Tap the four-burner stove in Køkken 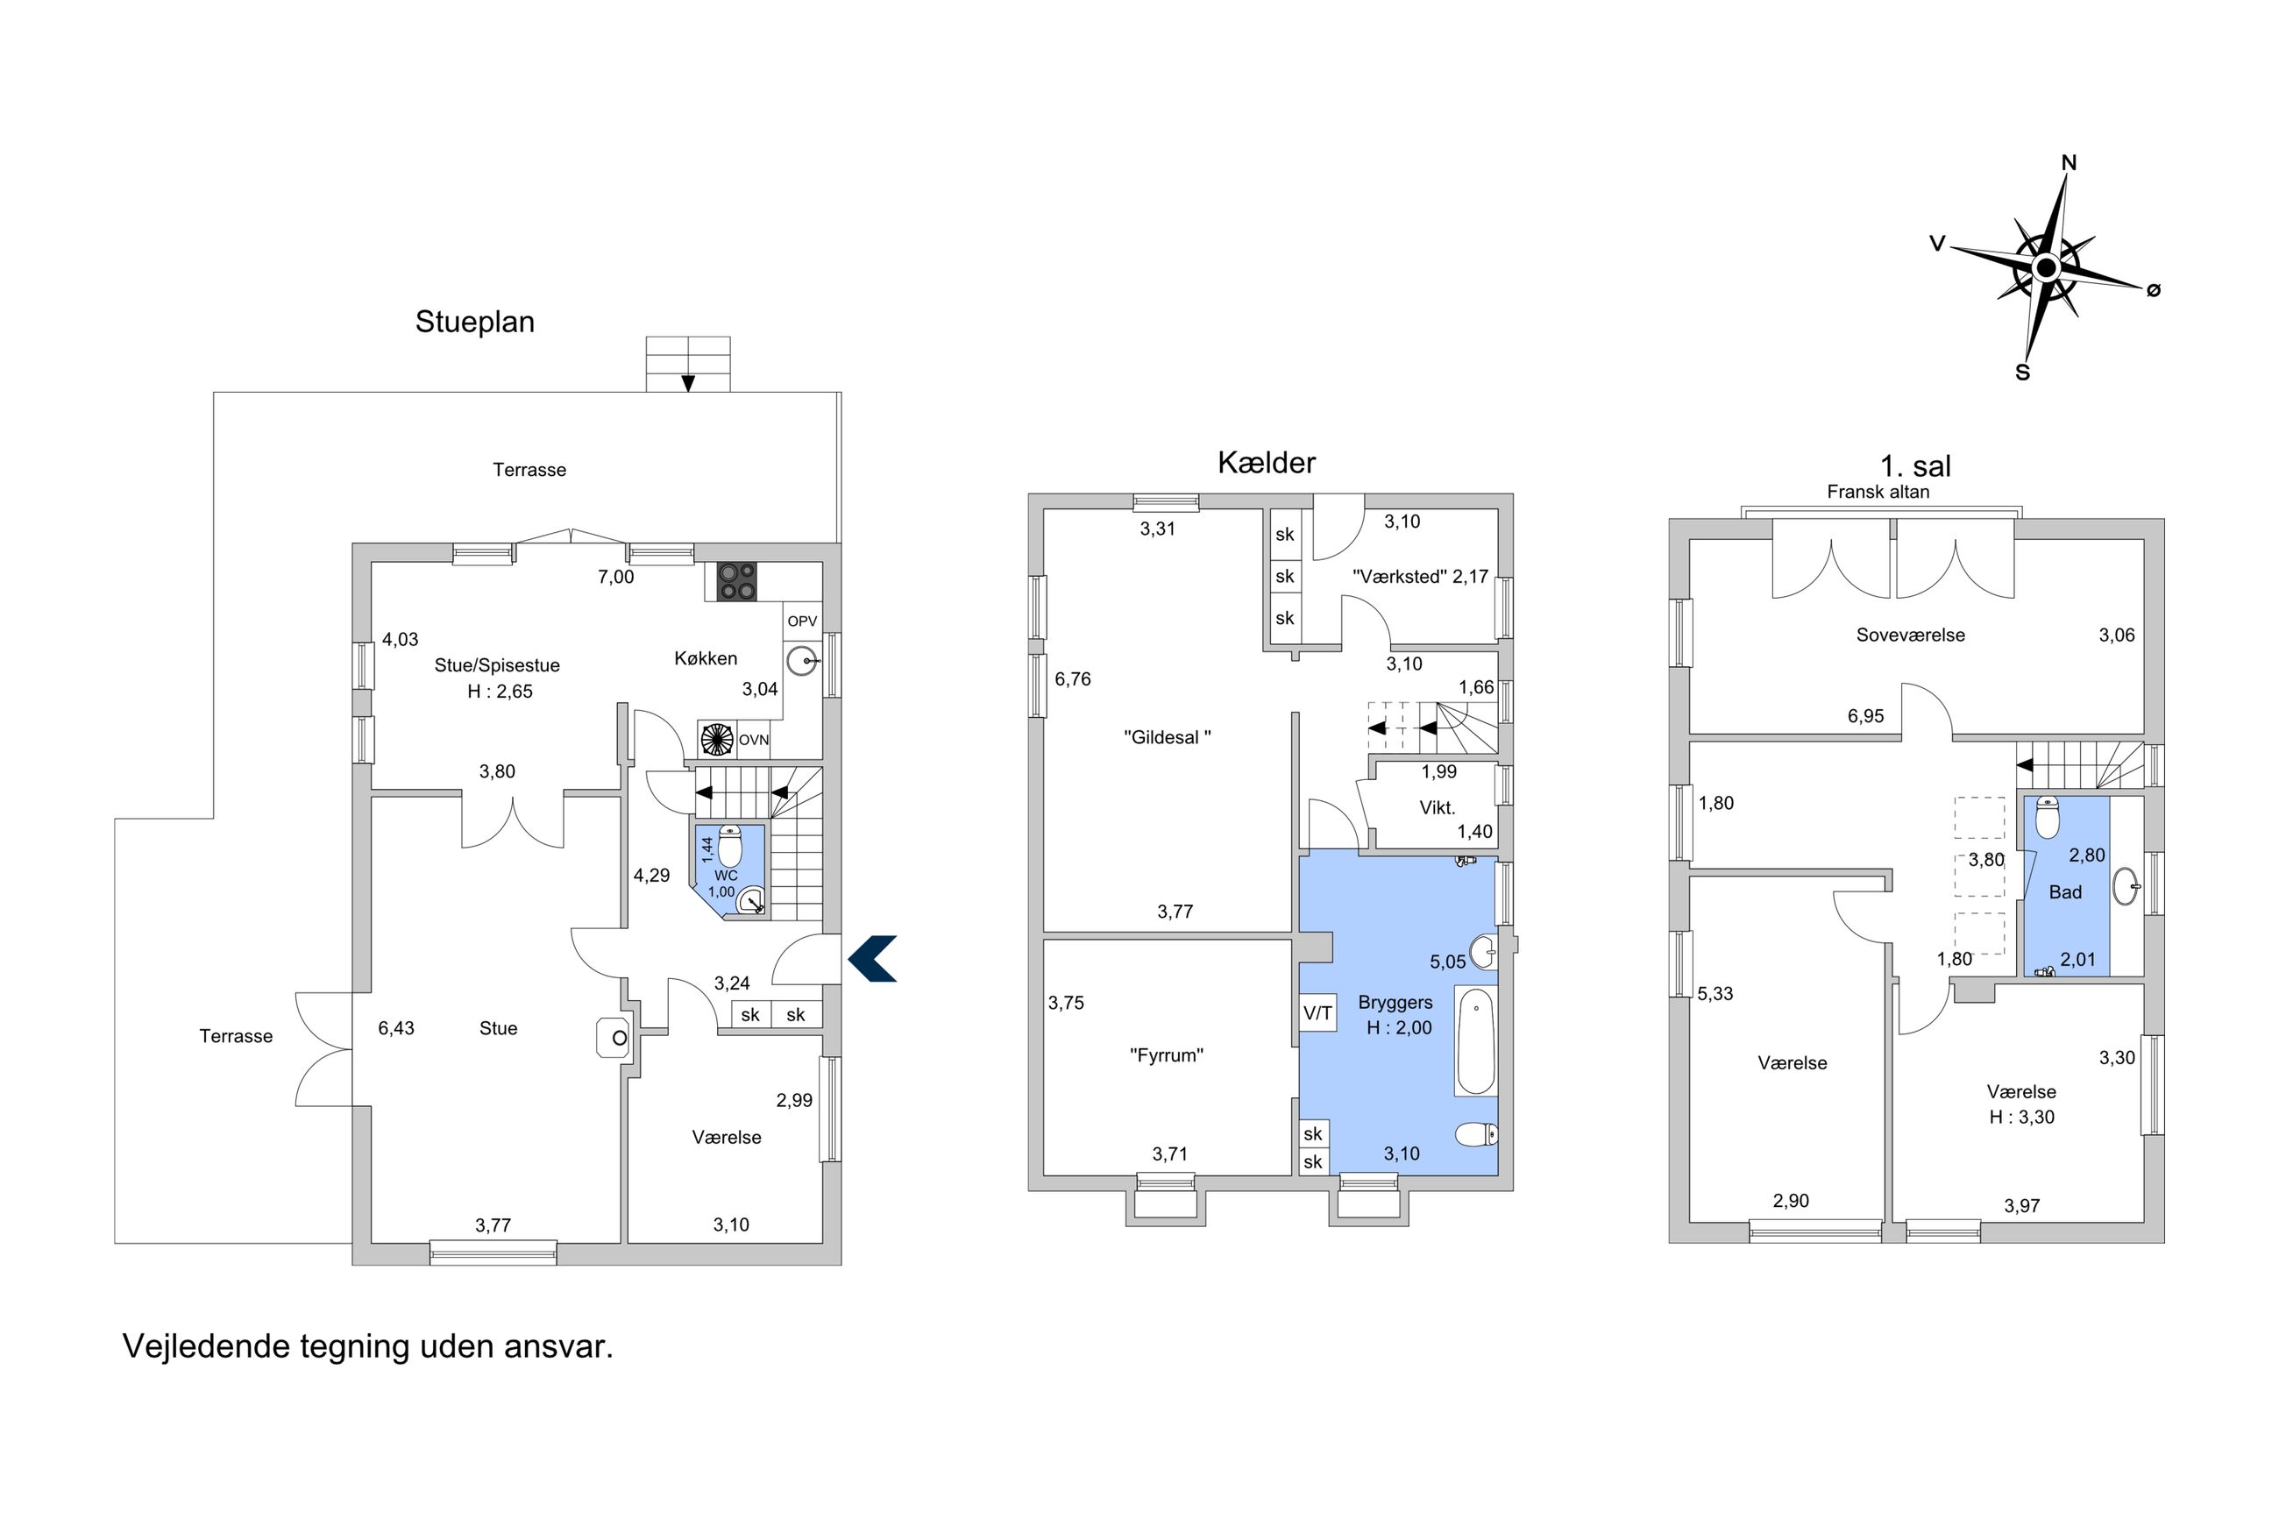coord(736,581)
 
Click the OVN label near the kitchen coord(754,740)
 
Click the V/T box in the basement coord(1317,1013)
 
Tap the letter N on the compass coord(2069,163)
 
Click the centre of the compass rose coord(2046,267)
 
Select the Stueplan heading coord(474,322)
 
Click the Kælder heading coord(1266,463)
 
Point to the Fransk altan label coord(1878,491)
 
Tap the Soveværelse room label coord(1910,635)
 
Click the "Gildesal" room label coord(1167,737)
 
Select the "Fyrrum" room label coord(1166,1055)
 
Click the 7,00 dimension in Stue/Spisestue coord(616,578)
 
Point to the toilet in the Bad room coord(2047,817)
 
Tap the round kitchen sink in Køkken coord(803,662)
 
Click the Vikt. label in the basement coord(1438,807)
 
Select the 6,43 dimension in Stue coord(396,1028)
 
